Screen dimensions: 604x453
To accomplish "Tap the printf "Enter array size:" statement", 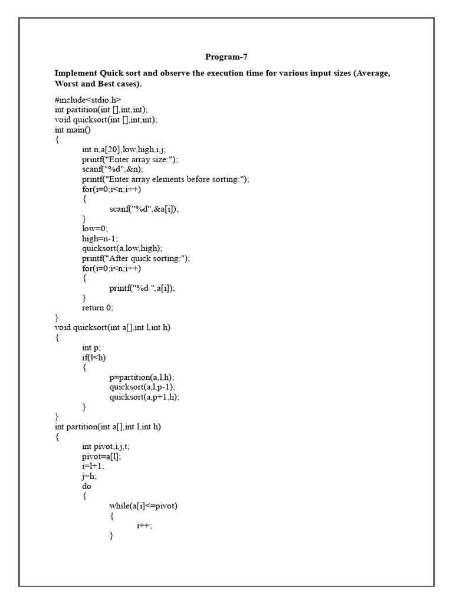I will pos(130,159).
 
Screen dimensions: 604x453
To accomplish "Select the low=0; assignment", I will pos(95,229).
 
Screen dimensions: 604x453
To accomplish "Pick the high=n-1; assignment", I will pos(100,239).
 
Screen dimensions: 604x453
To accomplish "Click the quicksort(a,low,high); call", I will pos(122,248).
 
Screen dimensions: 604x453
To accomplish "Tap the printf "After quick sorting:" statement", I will pos(136,258).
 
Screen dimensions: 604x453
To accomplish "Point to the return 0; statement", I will pos(97,308).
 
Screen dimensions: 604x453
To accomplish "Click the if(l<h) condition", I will pos(94,357).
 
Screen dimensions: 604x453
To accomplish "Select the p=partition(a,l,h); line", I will pos(142,377).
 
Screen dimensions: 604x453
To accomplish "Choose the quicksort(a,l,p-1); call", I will pos(142,388).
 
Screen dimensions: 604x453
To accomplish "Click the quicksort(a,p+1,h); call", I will pos(144,397).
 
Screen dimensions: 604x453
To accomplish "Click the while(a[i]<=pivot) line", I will pos(143,506).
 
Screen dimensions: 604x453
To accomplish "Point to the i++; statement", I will pos(144,526).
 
